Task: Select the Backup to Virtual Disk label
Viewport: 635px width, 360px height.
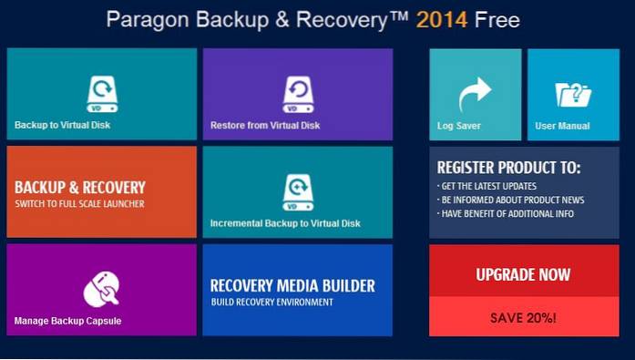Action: [x=62, y=125]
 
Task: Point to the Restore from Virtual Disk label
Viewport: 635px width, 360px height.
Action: [x=265, y=125]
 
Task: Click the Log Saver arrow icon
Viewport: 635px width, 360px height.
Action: [x=475, y=93]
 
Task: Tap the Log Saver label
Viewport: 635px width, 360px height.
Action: [x=459, y=126]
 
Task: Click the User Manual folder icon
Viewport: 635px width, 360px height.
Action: [x=573, y=94]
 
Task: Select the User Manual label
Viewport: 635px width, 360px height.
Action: [x=562, y=126]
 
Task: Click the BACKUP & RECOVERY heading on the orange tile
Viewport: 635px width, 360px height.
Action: [x=80, y=188]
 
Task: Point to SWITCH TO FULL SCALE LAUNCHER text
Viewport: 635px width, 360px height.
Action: [x=79, y=203]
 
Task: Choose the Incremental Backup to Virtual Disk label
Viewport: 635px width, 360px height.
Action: [x=285, y=223]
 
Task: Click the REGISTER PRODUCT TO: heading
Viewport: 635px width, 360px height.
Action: [x=508, y=168]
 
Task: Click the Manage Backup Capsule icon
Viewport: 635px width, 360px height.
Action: [x=101, y=288]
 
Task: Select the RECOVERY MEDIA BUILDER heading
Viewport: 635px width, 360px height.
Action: [x=292, y=285]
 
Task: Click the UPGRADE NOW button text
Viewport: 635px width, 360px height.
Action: [x=523, y=274]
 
